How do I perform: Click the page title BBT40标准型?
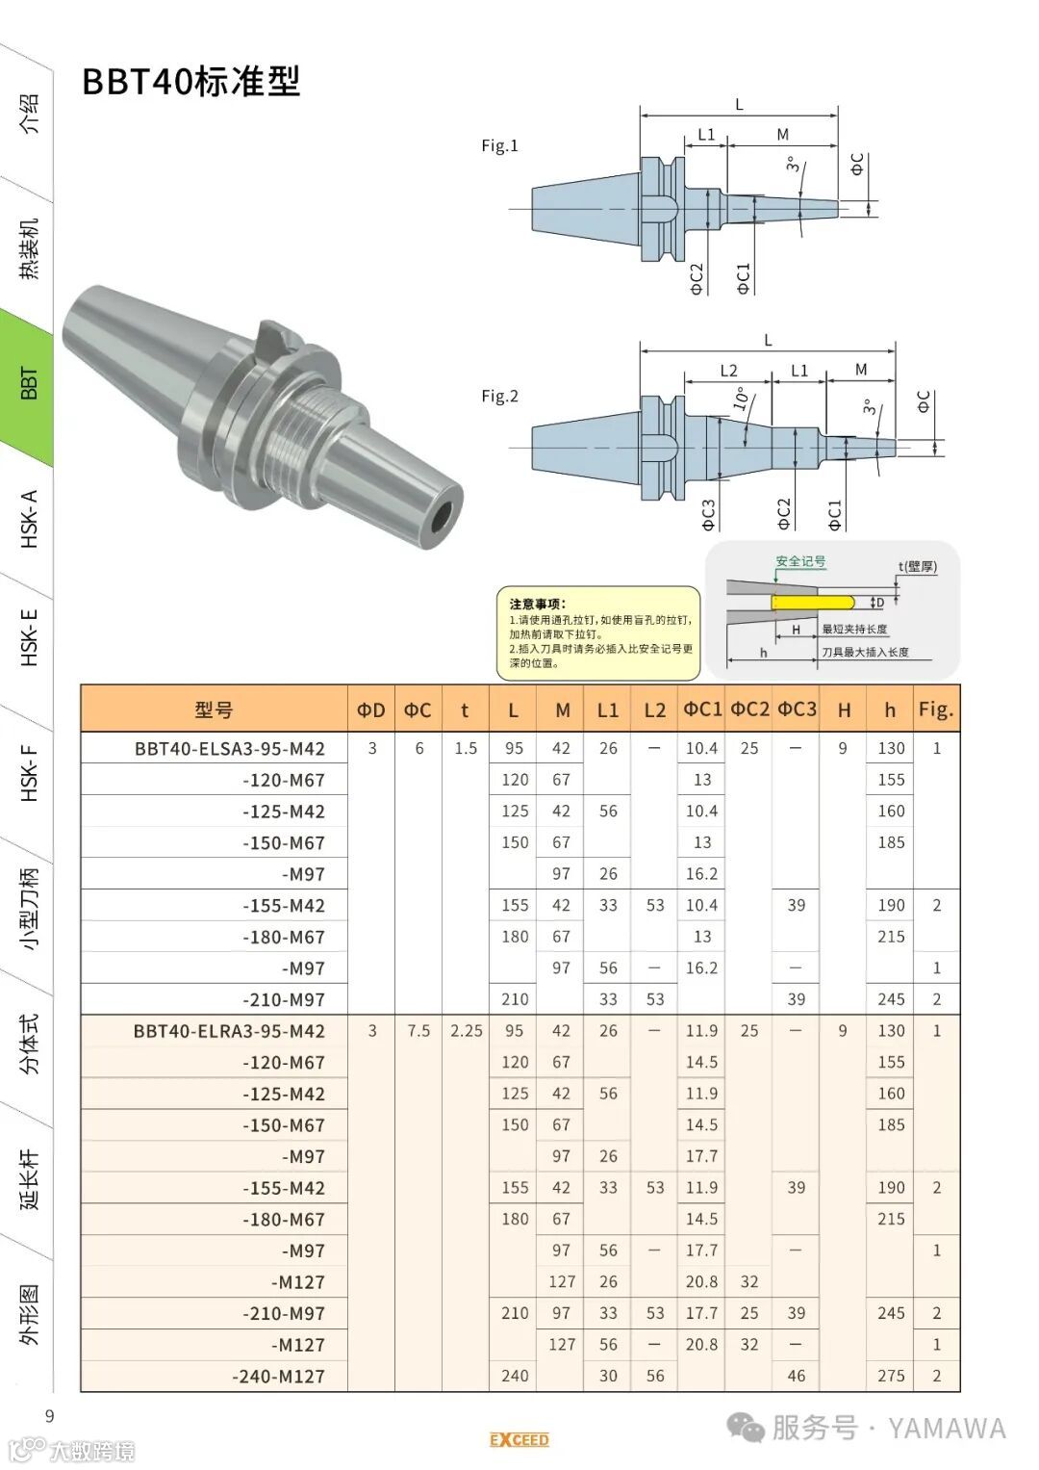pyautogui.click(x=190, y=82)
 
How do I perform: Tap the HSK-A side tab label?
pyautogui.click(x=30, y=519)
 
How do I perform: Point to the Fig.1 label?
pyautogui.click(x=499, y=145)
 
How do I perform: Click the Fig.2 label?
pyautogui.click(x=499, y=397)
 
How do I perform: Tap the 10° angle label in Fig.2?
pyautogui.click(x=741, y=399)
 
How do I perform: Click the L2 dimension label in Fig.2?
pyautogui.click(x=729, y=370)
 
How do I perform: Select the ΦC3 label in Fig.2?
pyautogui.click(x=708, y=514)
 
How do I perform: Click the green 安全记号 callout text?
pyautogui.click(x=800, y=561)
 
